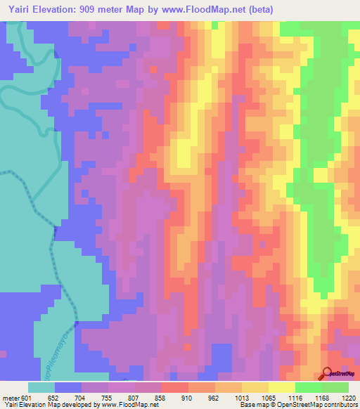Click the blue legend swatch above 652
point(68,387)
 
